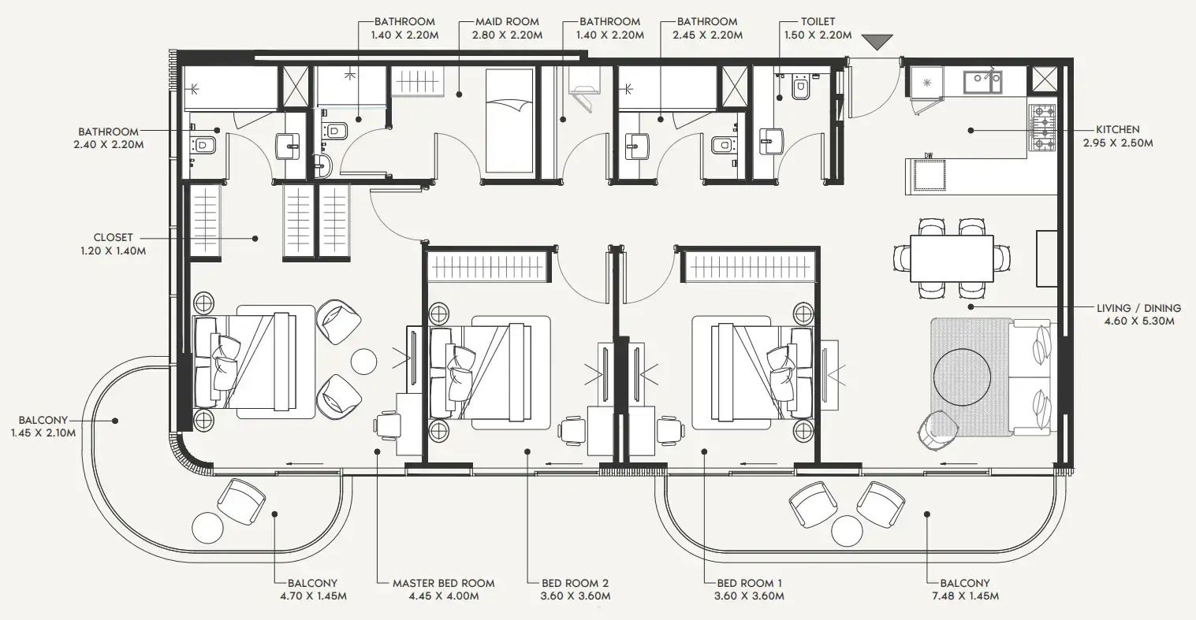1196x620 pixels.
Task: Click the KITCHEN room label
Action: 1117,129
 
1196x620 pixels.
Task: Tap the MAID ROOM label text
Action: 507,22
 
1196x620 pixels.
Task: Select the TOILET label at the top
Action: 818,22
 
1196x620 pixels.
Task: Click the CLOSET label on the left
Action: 113,237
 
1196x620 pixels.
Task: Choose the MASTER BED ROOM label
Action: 443,583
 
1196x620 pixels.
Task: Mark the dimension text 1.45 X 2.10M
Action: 43,433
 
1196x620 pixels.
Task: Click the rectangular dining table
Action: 952,258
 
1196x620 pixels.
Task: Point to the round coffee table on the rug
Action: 962,377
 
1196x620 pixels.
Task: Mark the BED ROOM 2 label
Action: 575,583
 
